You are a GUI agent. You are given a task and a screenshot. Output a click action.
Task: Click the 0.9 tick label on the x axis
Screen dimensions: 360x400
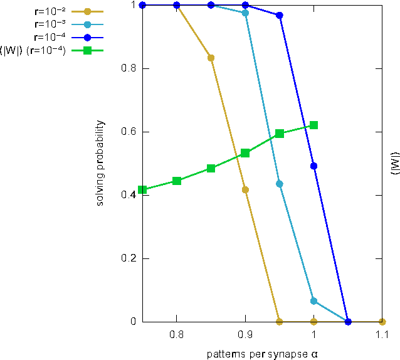(245, 336)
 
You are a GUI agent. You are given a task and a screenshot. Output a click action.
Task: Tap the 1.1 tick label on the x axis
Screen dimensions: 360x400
(382, 336)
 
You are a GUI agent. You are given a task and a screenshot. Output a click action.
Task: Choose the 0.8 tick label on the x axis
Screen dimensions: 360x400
(177, 336)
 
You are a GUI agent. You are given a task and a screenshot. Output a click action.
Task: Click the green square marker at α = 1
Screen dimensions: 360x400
(313, 125)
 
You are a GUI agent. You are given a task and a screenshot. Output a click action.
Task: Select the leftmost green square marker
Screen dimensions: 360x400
(142, 190)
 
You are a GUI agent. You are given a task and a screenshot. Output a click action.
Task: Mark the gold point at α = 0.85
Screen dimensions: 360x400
(211, 58)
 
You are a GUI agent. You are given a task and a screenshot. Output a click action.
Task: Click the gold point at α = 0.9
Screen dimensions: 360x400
(245, 189)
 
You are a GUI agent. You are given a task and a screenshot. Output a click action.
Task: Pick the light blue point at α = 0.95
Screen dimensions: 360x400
(280, 184)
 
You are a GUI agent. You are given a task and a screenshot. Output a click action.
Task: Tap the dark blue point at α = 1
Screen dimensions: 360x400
(313, 166)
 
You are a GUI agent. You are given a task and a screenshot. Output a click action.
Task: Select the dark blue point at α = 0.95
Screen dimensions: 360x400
(280, 16)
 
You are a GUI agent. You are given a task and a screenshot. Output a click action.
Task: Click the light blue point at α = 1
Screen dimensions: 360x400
(313, 301)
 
